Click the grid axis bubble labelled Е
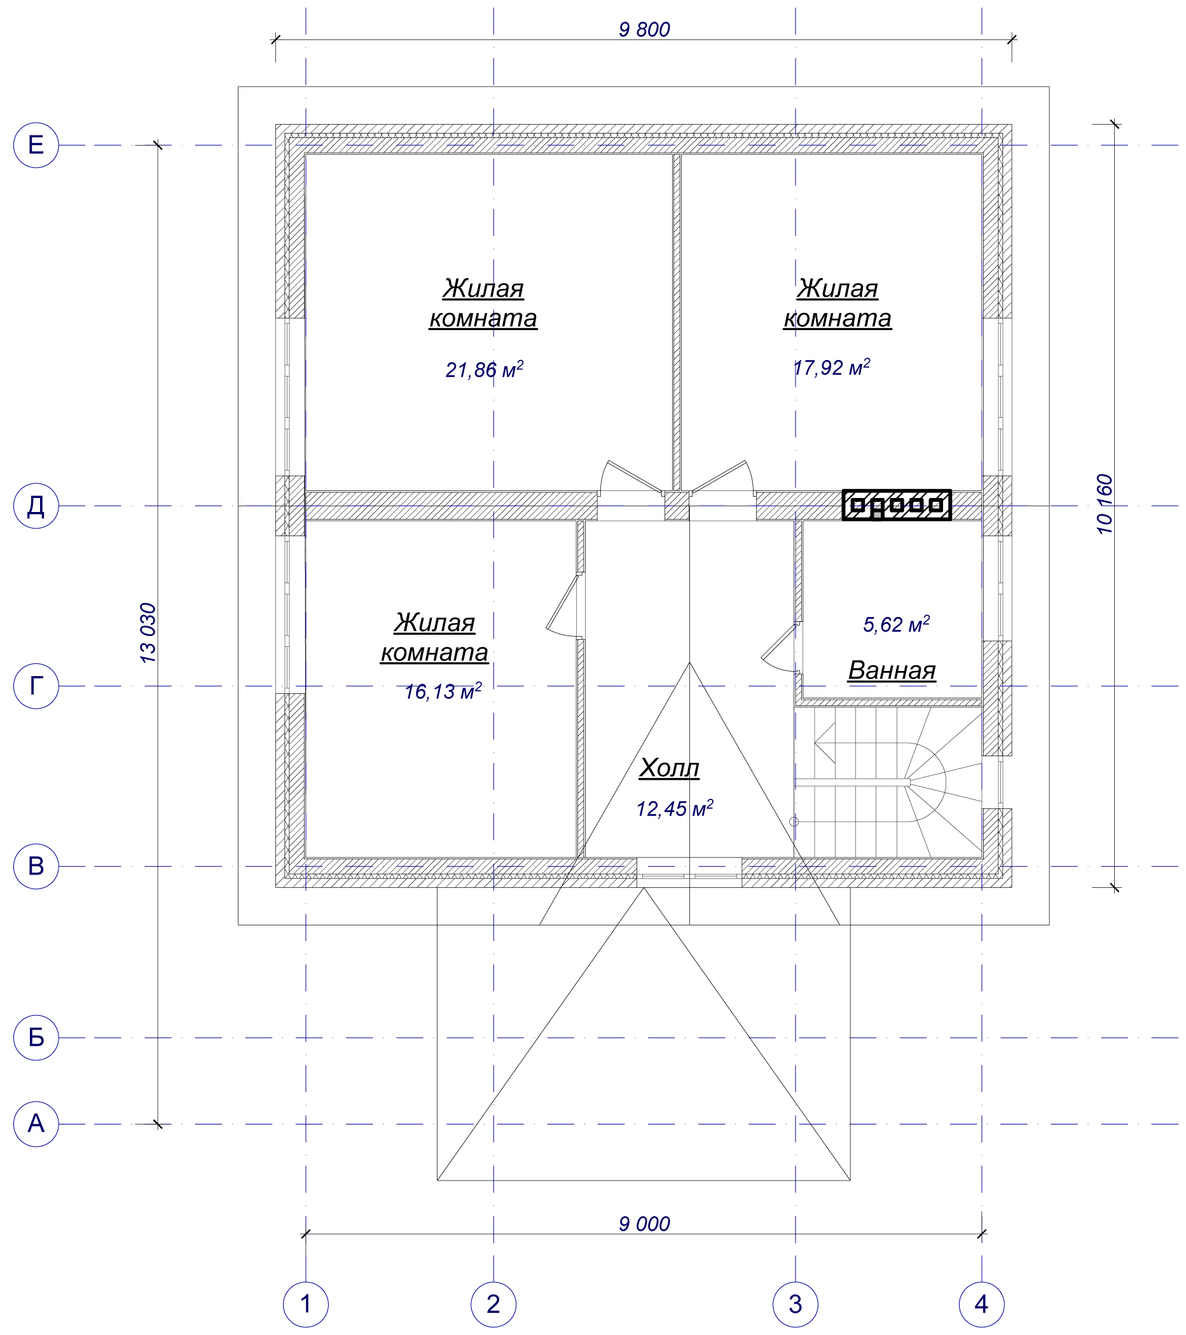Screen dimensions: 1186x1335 click(36, 145)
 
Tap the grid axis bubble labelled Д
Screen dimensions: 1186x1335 click(36, 506)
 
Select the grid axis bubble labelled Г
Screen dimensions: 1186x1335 click(36, 686)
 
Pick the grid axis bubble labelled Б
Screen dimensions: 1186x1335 click(36, 1037)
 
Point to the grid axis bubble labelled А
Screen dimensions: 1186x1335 click(36, 1124)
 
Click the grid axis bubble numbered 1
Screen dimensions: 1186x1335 click(306, 1304)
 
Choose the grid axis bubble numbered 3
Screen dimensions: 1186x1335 click(796, 1304)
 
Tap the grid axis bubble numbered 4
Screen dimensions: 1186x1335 click(982, 1304)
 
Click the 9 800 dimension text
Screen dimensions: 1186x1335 click(644, 30)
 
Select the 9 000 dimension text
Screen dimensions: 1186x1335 click(644, 1224)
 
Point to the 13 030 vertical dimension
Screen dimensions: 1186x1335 click(148, 633)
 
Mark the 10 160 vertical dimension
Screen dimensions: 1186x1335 click(1104, 504)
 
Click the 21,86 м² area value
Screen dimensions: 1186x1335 click(484, 370)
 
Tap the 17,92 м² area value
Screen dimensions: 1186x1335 click(831, 368)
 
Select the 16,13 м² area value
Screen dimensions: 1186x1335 click(443, 691)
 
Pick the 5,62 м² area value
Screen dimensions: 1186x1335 click(896, 625)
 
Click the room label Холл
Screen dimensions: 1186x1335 click(669, 768)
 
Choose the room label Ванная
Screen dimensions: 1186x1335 click(892, 670)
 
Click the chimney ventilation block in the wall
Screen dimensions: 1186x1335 click(896, 505)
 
